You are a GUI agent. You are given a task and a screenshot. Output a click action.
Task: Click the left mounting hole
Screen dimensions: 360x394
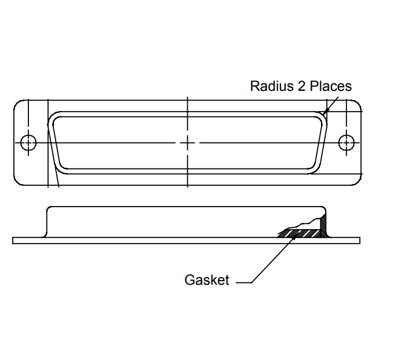click(28, 142)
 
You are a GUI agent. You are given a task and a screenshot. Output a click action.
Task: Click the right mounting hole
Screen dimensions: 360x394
click(346, 142)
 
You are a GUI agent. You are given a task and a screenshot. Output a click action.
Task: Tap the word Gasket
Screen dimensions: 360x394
click(207, 280)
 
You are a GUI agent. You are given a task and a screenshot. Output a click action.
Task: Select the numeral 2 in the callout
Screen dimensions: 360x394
click(302, 86)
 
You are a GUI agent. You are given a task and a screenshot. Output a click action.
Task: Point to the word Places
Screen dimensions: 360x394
click(331, 86)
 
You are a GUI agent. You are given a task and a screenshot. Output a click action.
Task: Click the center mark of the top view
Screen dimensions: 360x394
click(188, 142)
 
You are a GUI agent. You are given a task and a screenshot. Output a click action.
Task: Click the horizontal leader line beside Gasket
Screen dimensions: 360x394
click(243, 282)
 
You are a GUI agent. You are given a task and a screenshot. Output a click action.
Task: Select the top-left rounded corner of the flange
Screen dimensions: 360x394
click(18, 105)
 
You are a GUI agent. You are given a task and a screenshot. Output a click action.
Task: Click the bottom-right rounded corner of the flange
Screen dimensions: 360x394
click(357, 180)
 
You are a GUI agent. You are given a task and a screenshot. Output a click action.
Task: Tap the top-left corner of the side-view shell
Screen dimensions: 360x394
click(49, 209)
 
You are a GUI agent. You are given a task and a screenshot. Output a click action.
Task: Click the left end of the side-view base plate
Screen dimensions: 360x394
click(13, 240)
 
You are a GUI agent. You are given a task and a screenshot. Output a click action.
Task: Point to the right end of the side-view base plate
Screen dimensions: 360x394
click(359, 240)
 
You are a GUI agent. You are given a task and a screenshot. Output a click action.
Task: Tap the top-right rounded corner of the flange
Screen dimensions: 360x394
click(357, 105)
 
